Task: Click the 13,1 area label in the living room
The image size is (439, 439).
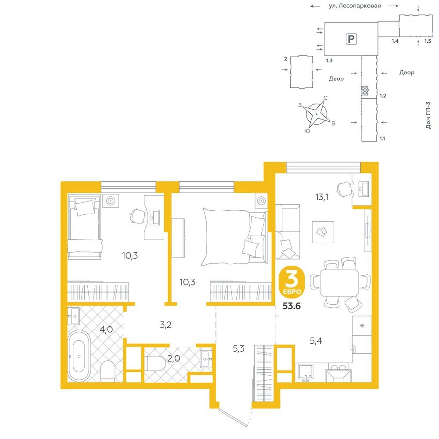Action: pyautogui.click(x=322, y=197)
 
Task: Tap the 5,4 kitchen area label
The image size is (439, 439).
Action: pyautogui.click(x=316, y=341)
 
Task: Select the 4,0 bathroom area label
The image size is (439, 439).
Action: pyautogui.click(x=106, y=330)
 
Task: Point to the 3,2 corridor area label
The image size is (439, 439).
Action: pyautogui.click(x=166, y=325)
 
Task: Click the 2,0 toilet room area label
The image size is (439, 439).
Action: pyautogui.click(x=173, y=358)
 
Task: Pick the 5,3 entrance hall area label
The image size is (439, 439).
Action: pyautogui.click(x=238, y=348)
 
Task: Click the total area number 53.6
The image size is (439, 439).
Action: pyautogui.click(x=291, y=306)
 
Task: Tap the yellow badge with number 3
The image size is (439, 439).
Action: pyautogui.click(x=291, y=283)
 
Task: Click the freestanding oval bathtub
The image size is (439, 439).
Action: pyautogui.click(x=79, y=356)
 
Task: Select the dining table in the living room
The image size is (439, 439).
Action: pyautogui.click(x=339, y=282)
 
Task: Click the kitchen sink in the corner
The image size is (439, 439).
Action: pyautogui.click(x=306, y=371)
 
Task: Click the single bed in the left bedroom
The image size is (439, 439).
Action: pyautogui.click(x=84, y=227)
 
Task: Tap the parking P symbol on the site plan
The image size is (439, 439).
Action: pyautogui.click(x=351, y=39)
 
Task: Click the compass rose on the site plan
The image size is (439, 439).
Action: pyautogui.click(x=317, y=114)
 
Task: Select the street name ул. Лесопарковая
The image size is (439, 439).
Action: pyautogui.click(x=355, y=6)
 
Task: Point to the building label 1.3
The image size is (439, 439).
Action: pyautogui.click(x=329, y=61)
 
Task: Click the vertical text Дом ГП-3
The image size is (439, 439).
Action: pyautogui.click(x=428, y=115)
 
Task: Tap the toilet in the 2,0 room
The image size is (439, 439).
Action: pyautogui.click(x=156, y=363)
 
